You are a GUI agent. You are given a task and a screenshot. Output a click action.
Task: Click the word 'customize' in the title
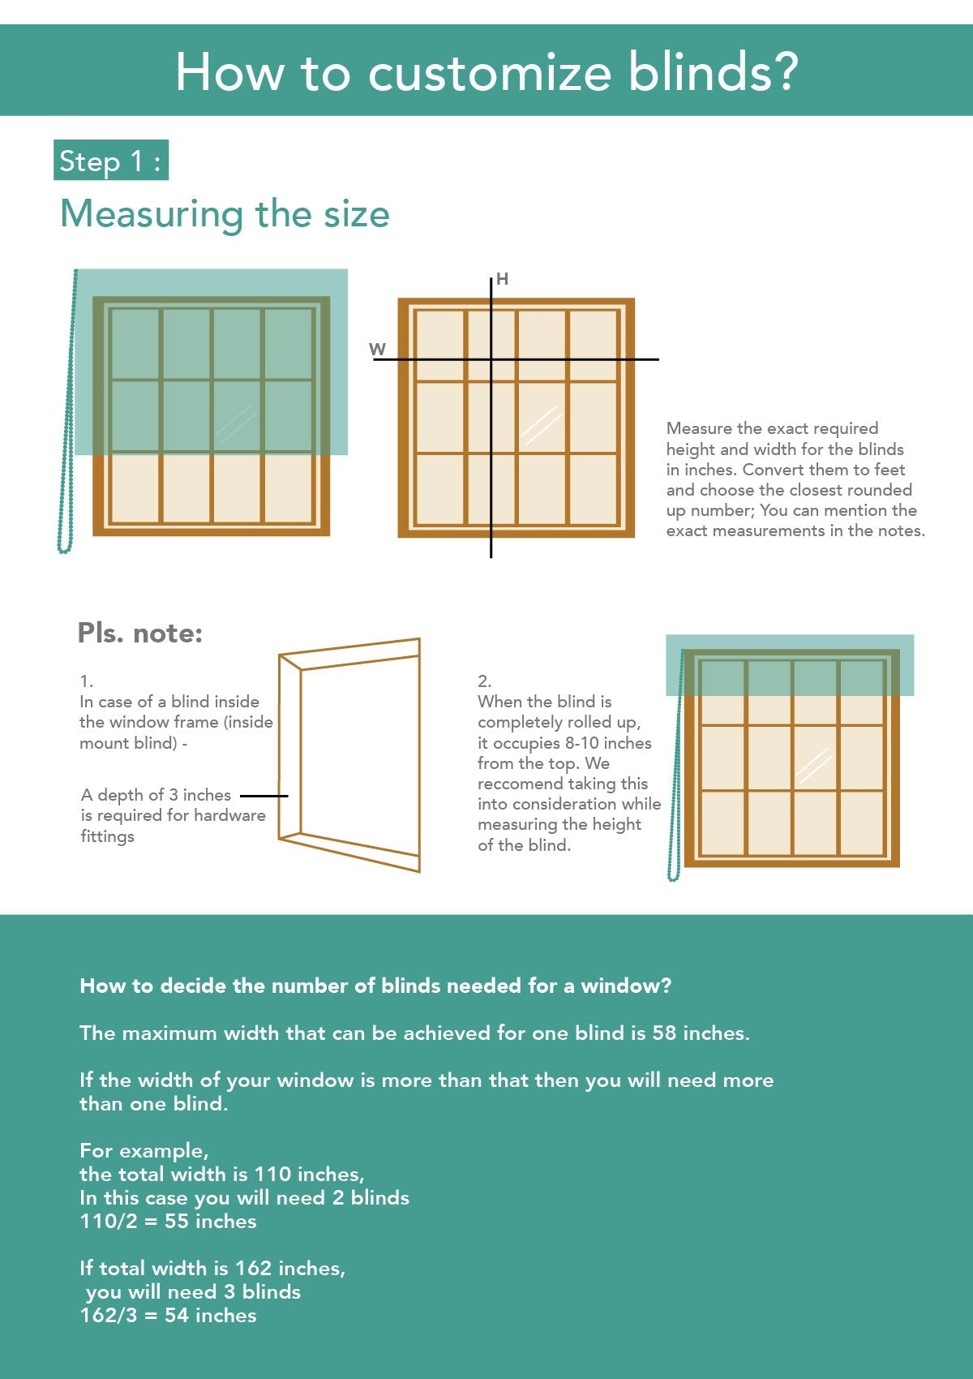489,72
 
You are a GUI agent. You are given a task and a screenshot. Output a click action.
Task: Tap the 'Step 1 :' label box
111,161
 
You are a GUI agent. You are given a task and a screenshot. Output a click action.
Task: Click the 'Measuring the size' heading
225,214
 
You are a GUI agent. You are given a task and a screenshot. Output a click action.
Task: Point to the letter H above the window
502,279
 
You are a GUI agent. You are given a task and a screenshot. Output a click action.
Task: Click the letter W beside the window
377,350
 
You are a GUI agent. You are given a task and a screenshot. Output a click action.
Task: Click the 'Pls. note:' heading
139,633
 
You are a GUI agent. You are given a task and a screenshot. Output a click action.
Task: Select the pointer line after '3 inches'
264,796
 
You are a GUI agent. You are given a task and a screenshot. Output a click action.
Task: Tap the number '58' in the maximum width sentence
664,1033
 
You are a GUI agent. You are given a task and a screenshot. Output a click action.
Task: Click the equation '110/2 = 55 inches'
168,1222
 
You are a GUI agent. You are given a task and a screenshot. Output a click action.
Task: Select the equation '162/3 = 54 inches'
168,1316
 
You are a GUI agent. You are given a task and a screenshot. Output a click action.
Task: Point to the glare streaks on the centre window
540,425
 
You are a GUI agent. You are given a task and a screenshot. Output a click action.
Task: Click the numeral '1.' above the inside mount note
86,681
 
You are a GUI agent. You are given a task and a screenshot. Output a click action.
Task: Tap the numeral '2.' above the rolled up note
484,681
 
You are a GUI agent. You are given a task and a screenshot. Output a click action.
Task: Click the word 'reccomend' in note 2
518,784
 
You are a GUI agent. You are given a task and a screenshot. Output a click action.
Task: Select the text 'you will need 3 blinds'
193,1292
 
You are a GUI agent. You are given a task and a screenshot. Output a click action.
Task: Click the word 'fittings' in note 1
107,836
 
